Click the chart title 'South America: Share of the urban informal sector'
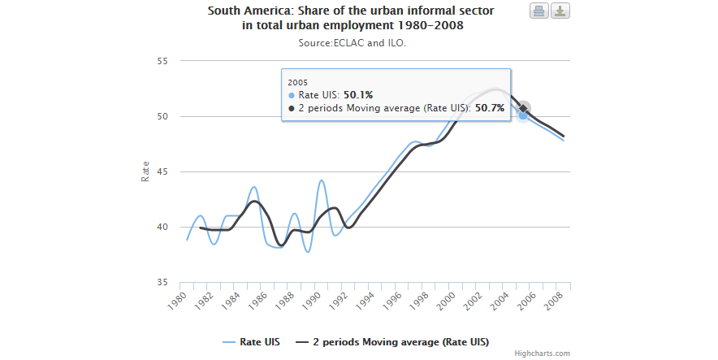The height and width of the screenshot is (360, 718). (x=350, y=11)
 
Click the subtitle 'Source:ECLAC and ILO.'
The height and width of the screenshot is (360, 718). (x=352, y=43)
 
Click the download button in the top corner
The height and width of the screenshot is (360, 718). (x=560, y=11)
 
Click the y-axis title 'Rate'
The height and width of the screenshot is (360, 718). (x=145, y=171)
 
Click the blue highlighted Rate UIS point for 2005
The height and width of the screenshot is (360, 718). (x=524, y=116)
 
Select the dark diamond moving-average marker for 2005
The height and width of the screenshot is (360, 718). (x=524, y=108)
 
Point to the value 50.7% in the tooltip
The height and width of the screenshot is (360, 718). (x=489, y=107)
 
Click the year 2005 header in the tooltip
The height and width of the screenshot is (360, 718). (x=297, y=82)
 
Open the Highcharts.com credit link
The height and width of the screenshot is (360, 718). (x=542, y=353)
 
